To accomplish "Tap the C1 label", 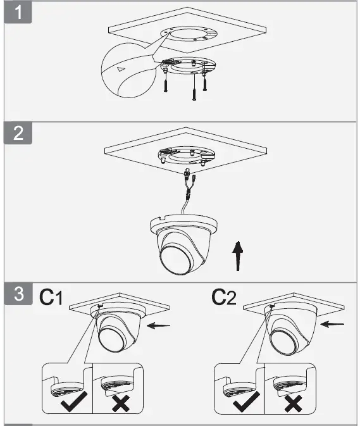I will click(52, 297).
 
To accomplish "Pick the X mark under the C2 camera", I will click(292, 403).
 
